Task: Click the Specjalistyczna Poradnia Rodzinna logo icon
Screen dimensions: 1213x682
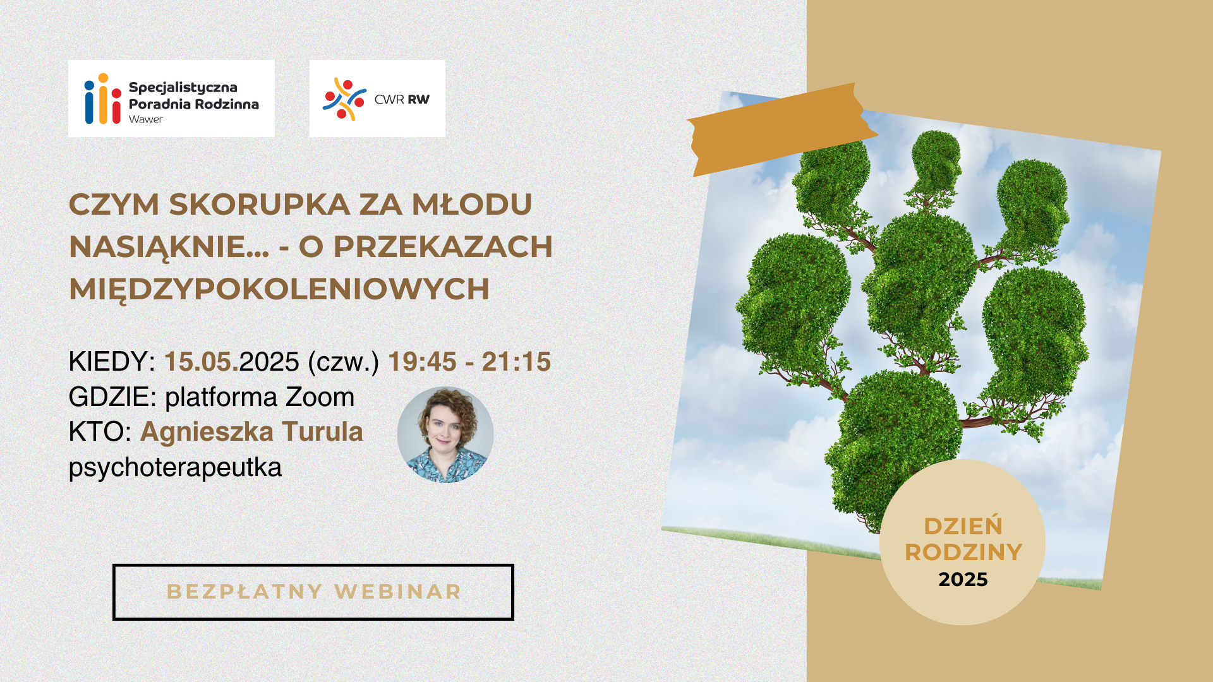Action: (102, 99)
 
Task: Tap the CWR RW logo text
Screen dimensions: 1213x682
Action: (402, 99)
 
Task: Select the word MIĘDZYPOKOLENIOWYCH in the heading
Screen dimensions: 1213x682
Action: (279, 290)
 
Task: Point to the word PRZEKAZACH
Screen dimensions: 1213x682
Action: (443, 247)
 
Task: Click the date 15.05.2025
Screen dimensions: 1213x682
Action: (231, 362)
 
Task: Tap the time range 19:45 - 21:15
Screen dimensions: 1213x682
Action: (469, 362)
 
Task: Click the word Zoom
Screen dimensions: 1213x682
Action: (320, 397)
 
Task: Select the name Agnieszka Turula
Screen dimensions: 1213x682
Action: (251, 432)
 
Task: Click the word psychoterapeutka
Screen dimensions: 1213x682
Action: (175, 468)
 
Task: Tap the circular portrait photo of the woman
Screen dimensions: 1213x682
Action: (445, 435)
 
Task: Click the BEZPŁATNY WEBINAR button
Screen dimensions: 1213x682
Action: (313, 592)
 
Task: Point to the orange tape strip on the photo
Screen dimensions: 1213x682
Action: (782, 129)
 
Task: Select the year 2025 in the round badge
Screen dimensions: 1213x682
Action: (963, 580)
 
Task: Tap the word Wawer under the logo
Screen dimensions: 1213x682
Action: (146, 119)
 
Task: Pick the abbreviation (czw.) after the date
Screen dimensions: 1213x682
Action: (343, 362)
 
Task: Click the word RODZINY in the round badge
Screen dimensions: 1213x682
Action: (963, 553)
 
